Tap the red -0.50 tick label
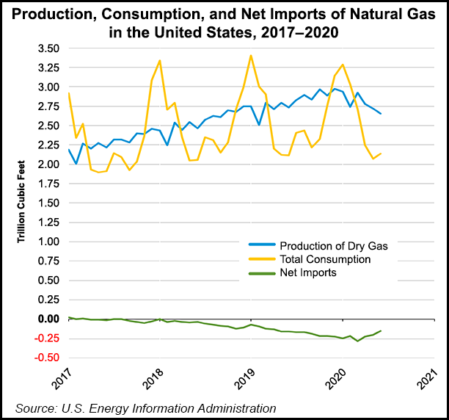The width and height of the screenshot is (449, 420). [x=46, y=358]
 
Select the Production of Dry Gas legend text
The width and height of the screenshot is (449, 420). [x=335, y=246]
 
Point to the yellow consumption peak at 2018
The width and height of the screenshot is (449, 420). [x=160, y=60]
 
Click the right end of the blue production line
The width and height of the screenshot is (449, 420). [x=380, y=113]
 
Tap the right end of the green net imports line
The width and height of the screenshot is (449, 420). [x=380, y=331]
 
